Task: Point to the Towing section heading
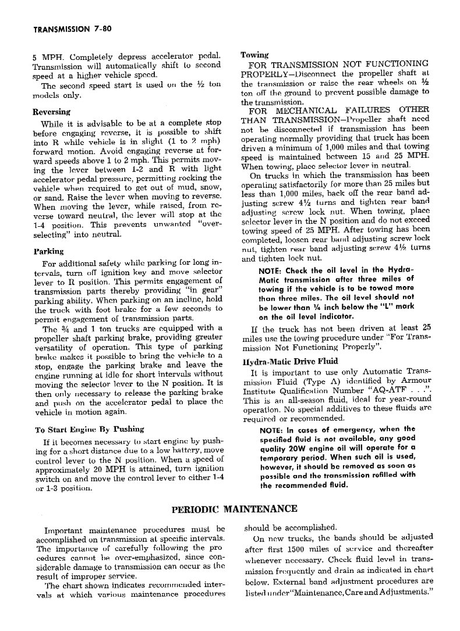[254, 55]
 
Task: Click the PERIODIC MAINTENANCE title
[235, 509]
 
